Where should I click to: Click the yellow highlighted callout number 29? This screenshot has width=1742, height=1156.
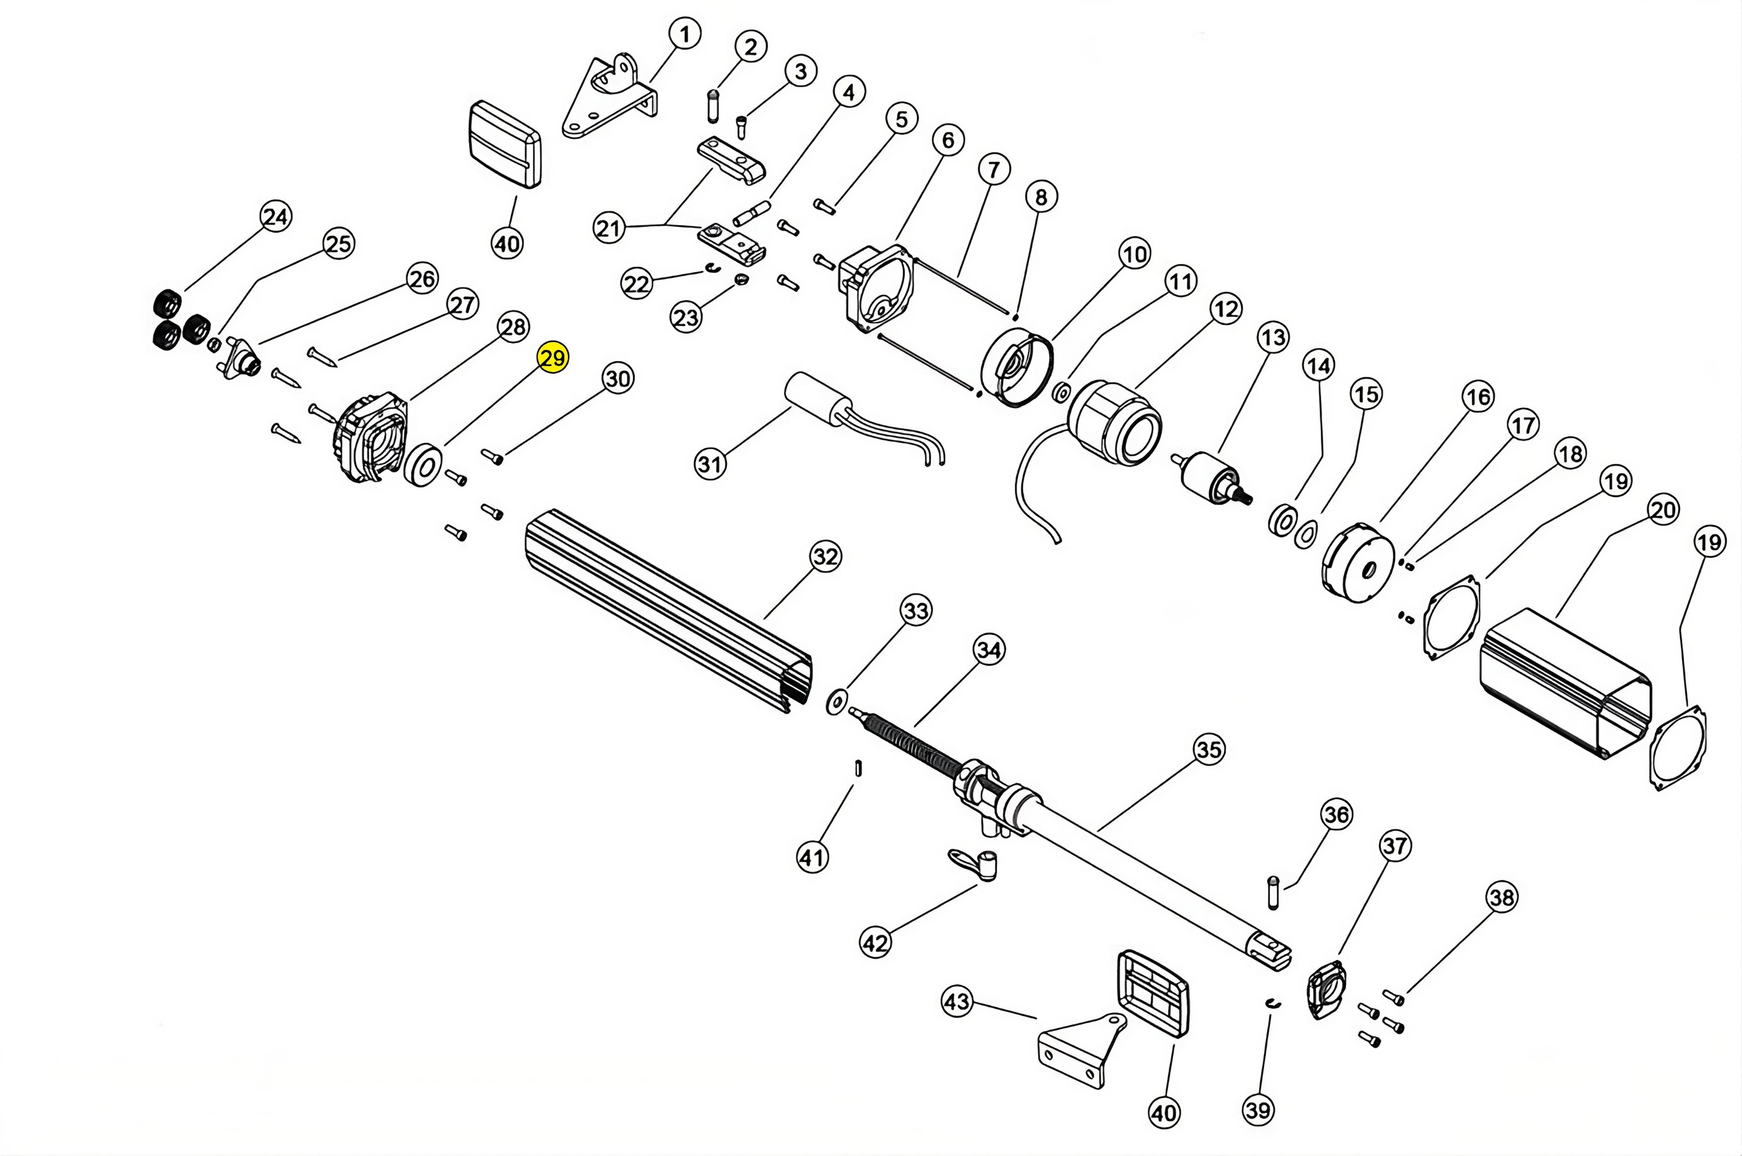[x=552, y=358]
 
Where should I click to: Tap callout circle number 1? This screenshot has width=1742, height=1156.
[x=685, y=34]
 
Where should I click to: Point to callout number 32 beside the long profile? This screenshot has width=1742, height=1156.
[x=824, y=556]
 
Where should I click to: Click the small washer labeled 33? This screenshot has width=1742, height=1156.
[x=836, y=702]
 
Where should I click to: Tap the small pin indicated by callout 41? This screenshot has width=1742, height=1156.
[x=858, y=767]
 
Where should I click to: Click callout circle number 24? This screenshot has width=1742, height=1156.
[x=276, y=217]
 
